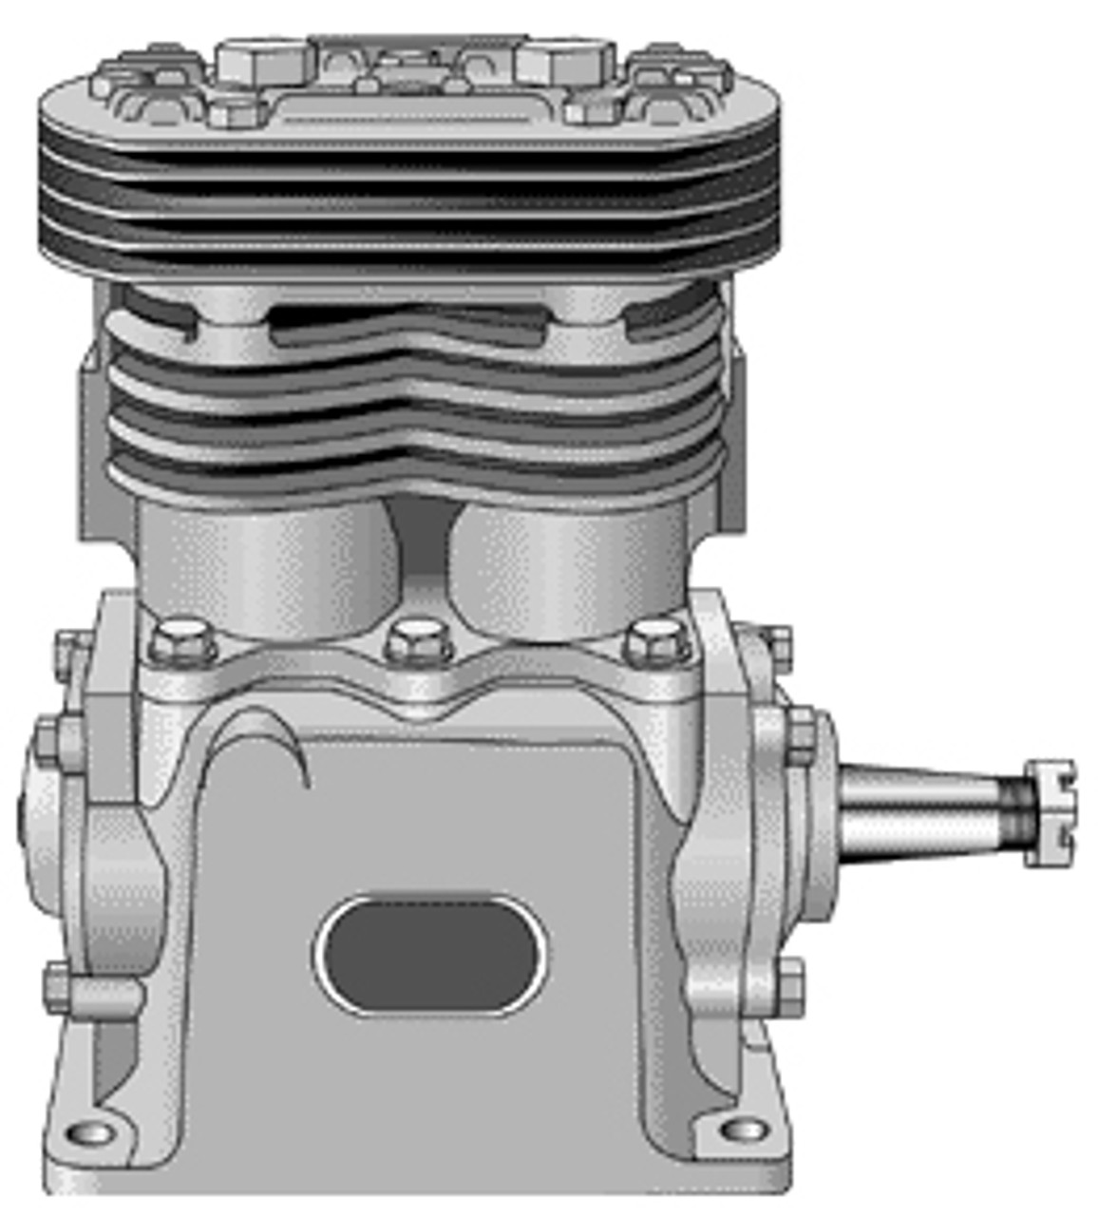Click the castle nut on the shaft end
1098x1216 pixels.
[x=1050, y=813]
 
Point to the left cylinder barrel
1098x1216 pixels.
[x=266, y=565]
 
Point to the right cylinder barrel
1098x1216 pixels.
[x=570, y=565]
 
